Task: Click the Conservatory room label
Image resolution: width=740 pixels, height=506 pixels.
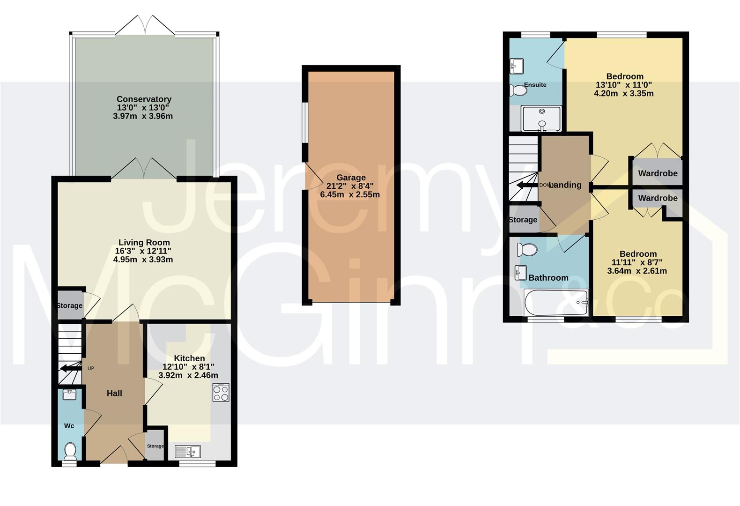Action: click(x=144, y=99)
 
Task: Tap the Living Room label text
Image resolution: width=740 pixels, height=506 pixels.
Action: click(x=144, y=242)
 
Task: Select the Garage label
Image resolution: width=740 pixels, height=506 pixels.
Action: click(x=351, y=178)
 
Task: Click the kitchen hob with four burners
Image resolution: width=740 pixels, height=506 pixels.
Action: click(x=221, y=393)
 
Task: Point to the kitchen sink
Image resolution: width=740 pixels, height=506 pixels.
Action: click(x=187, y=451)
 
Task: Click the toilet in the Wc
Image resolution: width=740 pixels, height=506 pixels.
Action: click(x=70, y=452)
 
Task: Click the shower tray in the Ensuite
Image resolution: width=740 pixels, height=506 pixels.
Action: click(x=542, y=119)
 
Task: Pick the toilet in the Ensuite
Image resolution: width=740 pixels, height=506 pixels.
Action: click(x=518, y=90)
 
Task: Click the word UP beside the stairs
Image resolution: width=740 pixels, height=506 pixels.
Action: click(x=91, y=368)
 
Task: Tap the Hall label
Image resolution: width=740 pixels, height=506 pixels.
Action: click(x=114, y=393)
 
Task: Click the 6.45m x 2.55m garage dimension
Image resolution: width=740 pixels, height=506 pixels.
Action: click(x=350, y=194)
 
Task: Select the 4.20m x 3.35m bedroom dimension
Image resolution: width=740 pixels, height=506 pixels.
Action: click(x=624, y=93)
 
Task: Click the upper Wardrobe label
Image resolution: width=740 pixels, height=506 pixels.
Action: click(x=658, y=173)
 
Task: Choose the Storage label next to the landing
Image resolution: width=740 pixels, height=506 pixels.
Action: click(x=523, y=220)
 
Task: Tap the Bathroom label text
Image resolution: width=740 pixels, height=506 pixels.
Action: click(x=548, y=278)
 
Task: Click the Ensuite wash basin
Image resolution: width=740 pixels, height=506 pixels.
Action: click(x=516, y=66)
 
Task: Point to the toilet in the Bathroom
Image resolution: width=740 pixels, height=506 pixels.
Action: click(x=528, y=250)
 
